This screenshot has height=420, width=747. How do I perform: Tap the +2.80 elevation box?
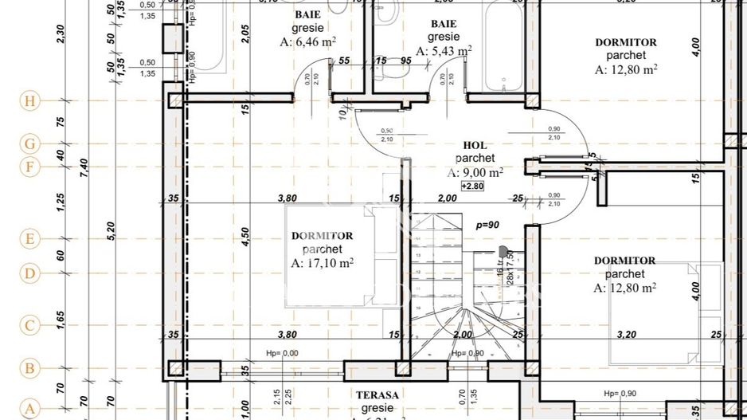(x=473, y=185)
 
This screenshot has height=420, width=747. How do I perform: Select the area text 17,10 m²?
(x=322, y=262)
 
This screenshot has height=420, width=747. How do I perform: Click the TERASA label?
(x=377, y=394)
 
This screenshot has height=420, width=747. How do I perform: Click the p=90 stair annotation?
(x=487, y=226)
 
